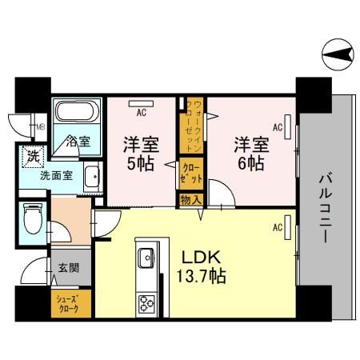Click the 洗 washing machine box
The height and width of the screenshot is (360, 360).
pyautogui.click(x=34, y=156)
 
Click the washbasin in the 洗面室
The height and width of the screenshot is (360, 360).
pyautogui.click(x=92, y=176)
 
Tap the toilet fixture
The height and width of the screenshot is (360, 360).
pyautogui.click(x=32, y=217)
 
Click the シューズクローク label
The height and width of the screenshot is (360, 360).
pyautogui.click(x=67, y=306)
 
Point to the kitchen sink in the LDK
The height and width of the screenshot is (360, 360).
pyautogui.click(x=147, y=258)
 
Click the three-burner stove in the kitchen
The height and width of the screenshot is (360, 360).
pyautogui.click(x=147, y=304)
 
